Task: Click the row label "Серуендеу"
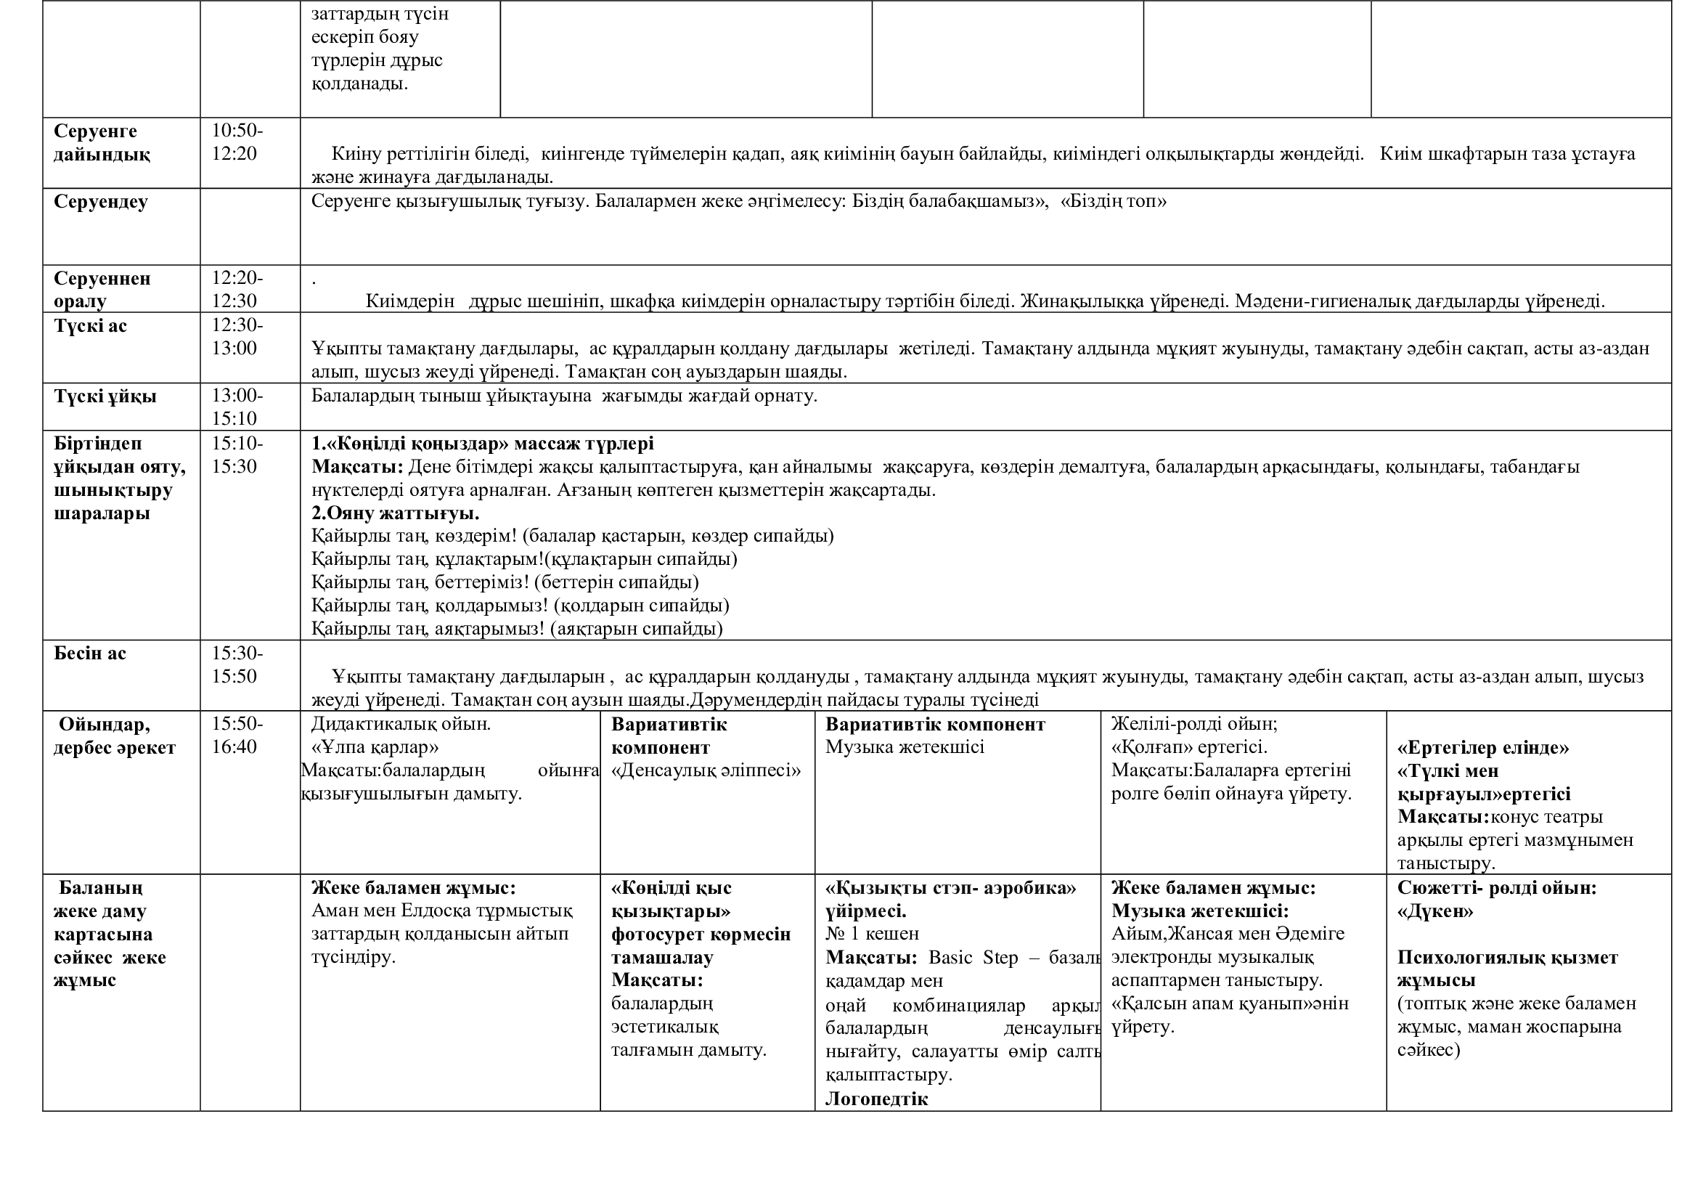click(x=101, y=202)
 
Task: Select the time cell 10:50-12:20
click(x=237, y=142)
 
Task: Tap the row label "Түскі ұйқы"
click(x=105, y=396)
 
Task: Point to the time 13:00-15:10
click(x=237, y=407)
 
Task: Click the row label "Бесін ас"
click(x=90, y=653)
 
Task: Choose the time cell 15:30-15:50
click(x=237, y=664)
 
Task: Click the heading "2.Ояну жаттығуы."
click(x=395, y=513)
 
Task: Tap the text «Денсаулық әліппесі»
click(x=706, y=770)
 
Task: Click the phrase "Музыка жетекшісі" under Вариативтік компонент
click(x=905, y=747)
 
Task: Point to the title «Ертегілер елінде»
click(x=1483, y=748)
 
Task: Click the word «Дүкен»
click(x=1434, y=911)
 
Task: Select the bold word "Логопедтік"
click(x=876, y=1099)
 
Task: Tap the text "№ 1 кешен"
click(x=872, y=934)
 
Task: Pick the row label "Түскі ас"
click(x=90, y=325)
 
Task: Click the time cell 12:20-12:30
click(x=237, y=289)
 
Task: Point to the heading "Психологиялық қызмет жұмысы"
click(x=1507, y=969)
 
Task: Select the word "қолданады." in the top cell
click(x=359, y=84)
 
